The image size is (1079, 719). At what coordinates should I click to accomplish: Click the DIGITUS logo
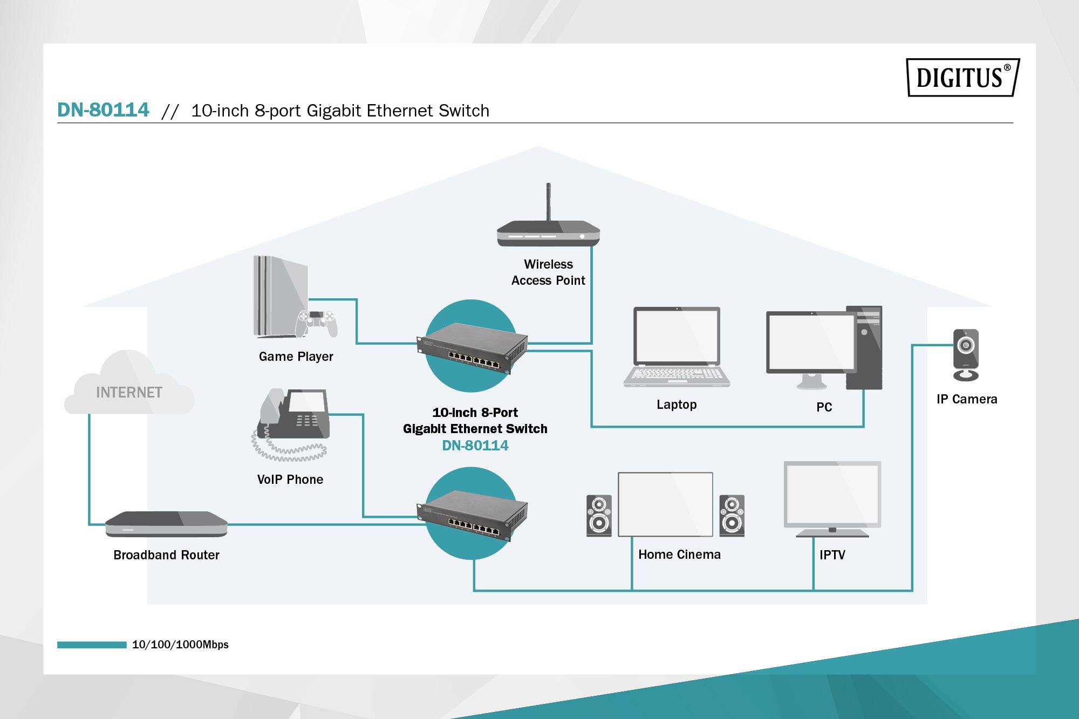click(x=962, y=77)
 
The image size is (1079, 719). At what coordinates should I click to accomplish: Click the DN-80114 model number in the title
click(x=103, y=109)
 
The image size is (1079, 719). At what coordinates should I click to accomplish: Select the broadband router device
click(x=166, y=524)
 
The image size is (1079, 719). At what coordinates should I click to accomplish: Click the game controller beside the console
click(x=317, y=322)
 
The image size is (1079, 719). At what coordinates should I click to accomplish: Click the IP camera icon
click(x=966, y=354)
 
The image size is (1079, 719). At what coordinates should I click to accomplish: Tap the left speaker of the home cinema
click(x=599, y=516)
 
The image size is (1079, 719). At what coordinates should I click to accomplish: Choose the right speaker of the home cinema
click(x=732, y=516)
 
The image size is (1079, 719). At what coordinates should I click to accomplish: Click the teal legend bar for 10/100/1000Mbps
click(x=92, y=645)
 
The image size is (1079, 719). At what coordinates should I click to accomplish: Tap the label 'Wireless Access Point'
click(x=548, y=272)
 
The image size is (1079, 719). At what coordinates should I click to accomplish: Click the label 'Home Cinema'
click(x=679, y=554)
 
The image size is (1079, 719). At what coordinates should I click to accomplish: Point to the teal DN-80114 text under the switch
click(x=475, y=446)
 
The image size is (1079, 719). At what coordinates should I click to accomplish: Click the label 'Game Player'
click(x=296, y=357)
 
